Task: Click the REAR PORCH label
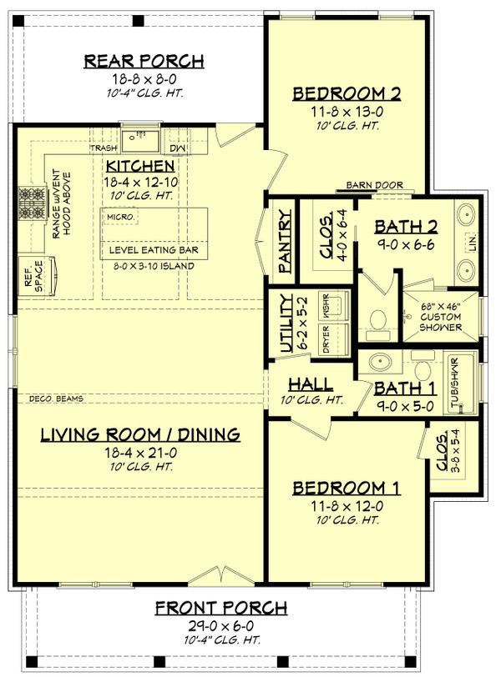tap(144, 61)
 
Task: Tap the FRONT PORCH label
tap(221, 607)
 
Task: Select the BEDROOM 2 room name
tap(347, 93)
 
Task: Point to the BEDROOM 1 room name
tap(347, 489)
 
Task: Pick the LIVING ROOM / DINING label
tap(140, 434)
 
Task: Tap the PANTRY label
tap(285, 240)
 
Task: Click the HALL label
tap(311, 385)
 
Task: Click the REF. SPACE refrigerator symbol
tap(38, 275)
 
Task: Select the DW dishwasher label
tap(177, 148)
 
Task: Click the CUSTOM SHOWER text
tap(442, 322)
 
